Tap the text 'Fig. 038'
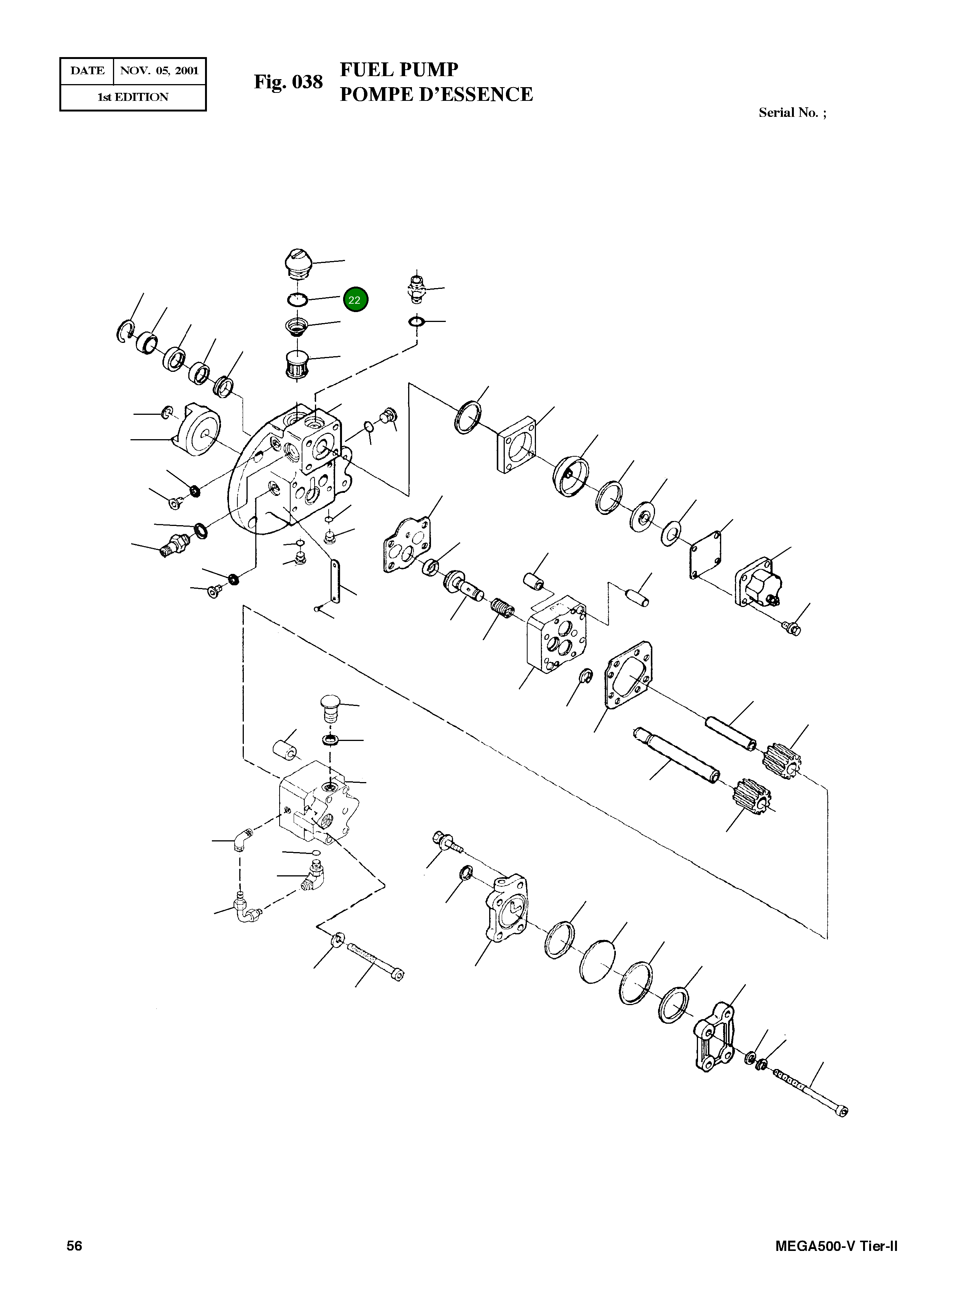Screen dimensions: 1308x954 288,83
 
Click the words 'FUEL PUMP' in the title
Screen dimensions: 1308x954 399,69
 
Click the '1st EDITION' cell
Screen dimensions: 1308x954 133,97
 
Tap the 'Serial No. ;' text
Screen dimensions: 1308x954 792,113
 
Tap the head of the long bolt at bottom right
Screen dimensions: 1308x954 843,1112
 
